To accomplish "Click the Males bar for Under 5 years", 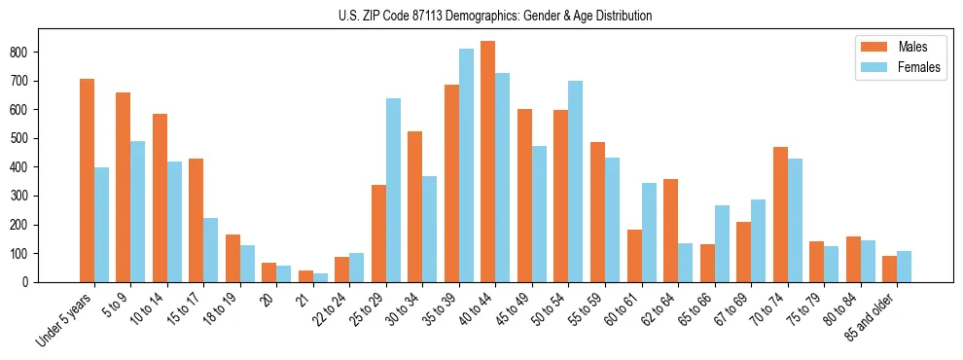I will (87, 181).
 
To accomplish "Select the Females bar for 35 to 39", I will (467, 165).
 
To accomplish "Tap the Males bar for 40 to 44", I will (488, 162).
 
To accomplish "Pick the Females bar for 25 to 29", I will (394, 191).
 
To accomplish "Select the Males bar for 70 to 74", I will (780, 215).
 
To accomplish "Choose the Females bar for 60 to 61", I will (649, 233).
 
